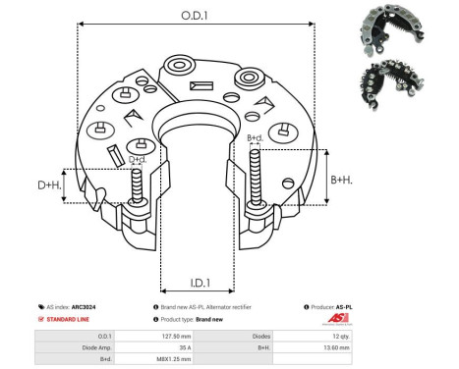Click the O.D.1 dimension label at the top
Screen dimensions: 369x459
click(x=193, y=16)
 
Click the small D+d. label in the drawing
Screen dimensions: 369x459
click(x=138, y=160)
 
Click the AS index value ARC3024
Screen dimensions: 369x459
click(x=102, y=307)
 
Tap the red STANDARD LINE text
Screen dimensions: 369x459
click(x=75, y=320)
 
